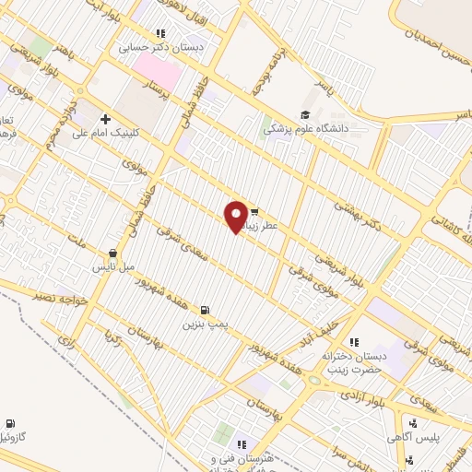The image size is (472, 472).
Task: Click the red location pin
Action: [x=237, y=216]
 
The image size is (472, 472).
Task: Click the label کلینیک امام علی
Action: [x=145, y=131]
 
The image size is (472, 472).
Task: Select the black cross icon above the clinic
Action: [x=106, y=119]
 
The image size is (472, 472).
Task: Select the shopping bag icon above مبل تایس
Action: [x=112, y=253]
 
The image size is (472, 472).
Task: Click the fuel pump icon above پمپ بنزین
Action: [x=204, y=310]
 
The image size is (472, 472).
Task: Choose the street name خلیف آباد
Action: [x=353, y=328]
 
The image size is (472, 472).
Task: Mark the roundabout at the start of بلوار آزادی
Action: [x=314, y=380]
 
